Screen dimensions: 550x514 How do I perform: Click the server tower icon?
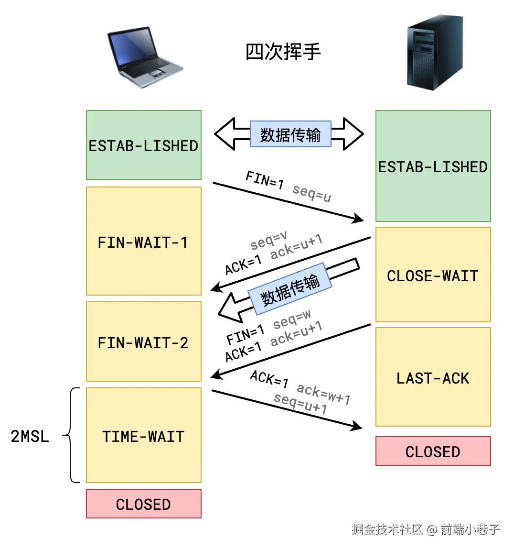tap(434, 52)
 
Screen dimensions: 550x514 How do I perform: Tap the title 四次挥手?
tap(283, 52)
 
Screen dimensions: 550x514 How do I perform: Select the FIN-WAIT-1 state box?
tap(143, 241)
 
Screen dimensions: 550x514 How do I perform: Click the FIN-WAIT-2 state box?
tap(143, 341)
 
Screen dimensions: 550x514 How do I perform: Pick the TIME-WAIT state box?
tap(143, 435)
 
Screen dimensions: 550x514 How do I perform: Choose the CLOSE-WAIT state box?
tap(433, 275)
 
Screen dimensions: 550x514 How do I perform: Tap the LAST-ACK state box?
tap(433, 377)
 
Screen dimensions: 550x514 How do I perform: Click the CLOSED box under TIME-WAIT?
tap(143, 504)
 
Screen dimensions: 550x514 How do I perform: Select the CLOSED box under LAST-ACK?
tap(433, 451)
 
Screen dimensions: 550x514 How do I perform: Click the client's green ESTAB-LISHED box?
tap(143, 145)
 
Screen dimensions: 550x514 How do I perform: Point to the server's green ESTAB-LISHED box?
tap(433, 166)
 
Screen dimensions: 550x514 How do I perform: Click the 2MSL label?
tap(30, 436)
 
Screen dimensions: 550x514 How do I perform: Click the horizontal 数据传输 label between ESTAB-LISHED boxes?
tap(290, 134)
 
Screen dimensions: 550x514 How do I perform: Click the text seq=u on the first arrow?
tap(311, 193)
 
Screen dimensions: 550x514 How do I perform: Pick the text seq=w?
tap(292, 319)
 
